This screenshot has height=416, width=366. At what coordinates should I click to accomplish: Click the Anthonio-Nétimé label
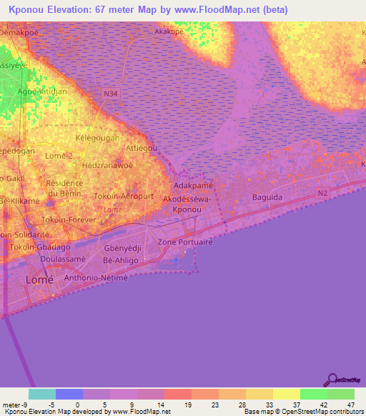tap(96, 278)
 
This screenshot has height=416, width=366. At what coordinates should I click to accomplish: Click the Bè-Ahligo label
tap(121, 261)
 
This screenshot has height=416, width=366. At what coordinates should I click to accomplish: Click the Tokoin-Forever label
tap(69, 219)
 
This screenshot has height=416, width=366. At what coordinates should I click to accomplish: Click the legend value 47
tap(351, 404)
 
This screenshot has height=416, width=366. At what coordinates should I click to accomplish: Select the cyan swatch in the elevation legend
tap(42, 394)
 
